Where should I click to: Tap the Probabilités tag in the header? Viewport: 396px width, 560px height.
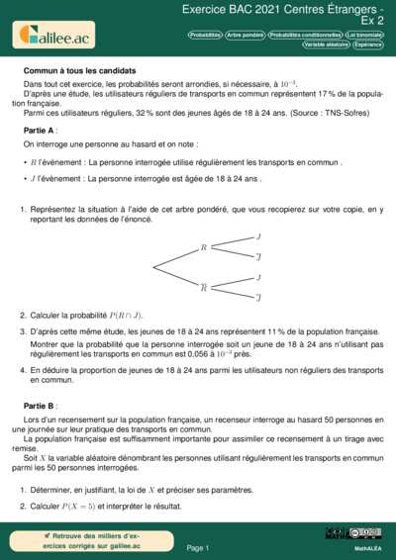click(205, 35)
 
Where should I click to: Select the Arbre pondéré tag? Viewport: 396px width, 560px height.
click(246, 35)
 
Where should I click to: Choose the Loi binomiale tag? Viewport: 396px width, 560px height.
click(364, 35)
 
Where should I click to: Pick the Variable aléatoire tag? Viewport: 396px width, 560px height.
click(327, 45)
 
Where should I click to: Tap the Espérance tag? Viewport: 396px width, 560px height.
click(369, 45)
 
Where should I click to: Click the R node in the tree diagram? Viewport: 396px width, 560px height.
click(204, 247)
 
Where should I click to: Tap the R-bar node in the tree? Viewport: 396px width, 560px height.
click(204, 287)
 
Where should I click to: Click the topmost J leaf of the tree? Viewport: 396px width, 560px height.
click(258, 237)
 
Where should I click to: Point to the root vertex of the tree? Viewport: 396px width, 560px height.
click(152, 267)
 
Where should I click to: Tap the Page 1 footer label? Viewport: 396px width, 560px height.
click(197, 547)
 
